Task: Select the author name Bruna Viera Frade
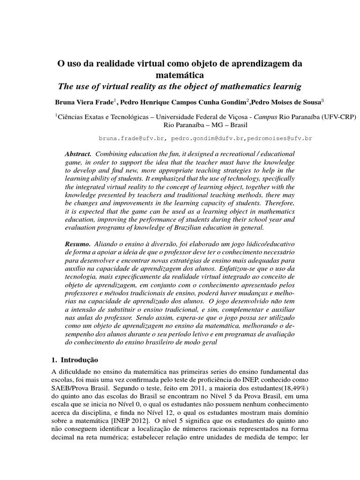point(82,101)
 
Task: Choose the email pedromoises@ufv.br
point(279,139)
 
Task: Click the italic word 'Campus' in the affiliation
point(266,116)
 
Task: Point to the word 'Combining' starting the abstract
point(111,154)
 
